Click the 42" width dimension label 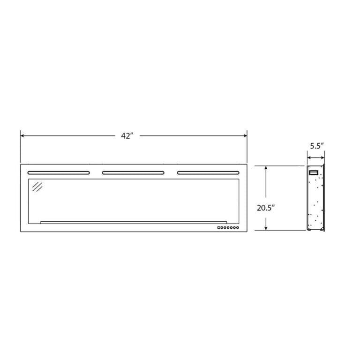[127, 136]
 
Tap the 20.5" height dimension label [265, 208]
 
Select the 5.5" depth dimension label [316, 146]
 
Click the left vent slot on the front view [59, 172]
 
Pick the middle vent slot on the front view [133, 172]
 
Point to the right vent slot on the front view [208, 172]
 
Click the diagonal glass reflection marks [37, 187]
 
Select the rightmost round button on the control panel [238, 228]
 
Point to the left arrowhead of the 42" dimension [22, 136]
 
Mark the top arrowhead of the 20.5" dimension [266, 168]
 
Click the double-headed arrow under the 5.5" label [316, 158]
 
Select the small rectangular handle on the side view [313, 172]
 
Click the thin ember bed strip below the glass [134, 222]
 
